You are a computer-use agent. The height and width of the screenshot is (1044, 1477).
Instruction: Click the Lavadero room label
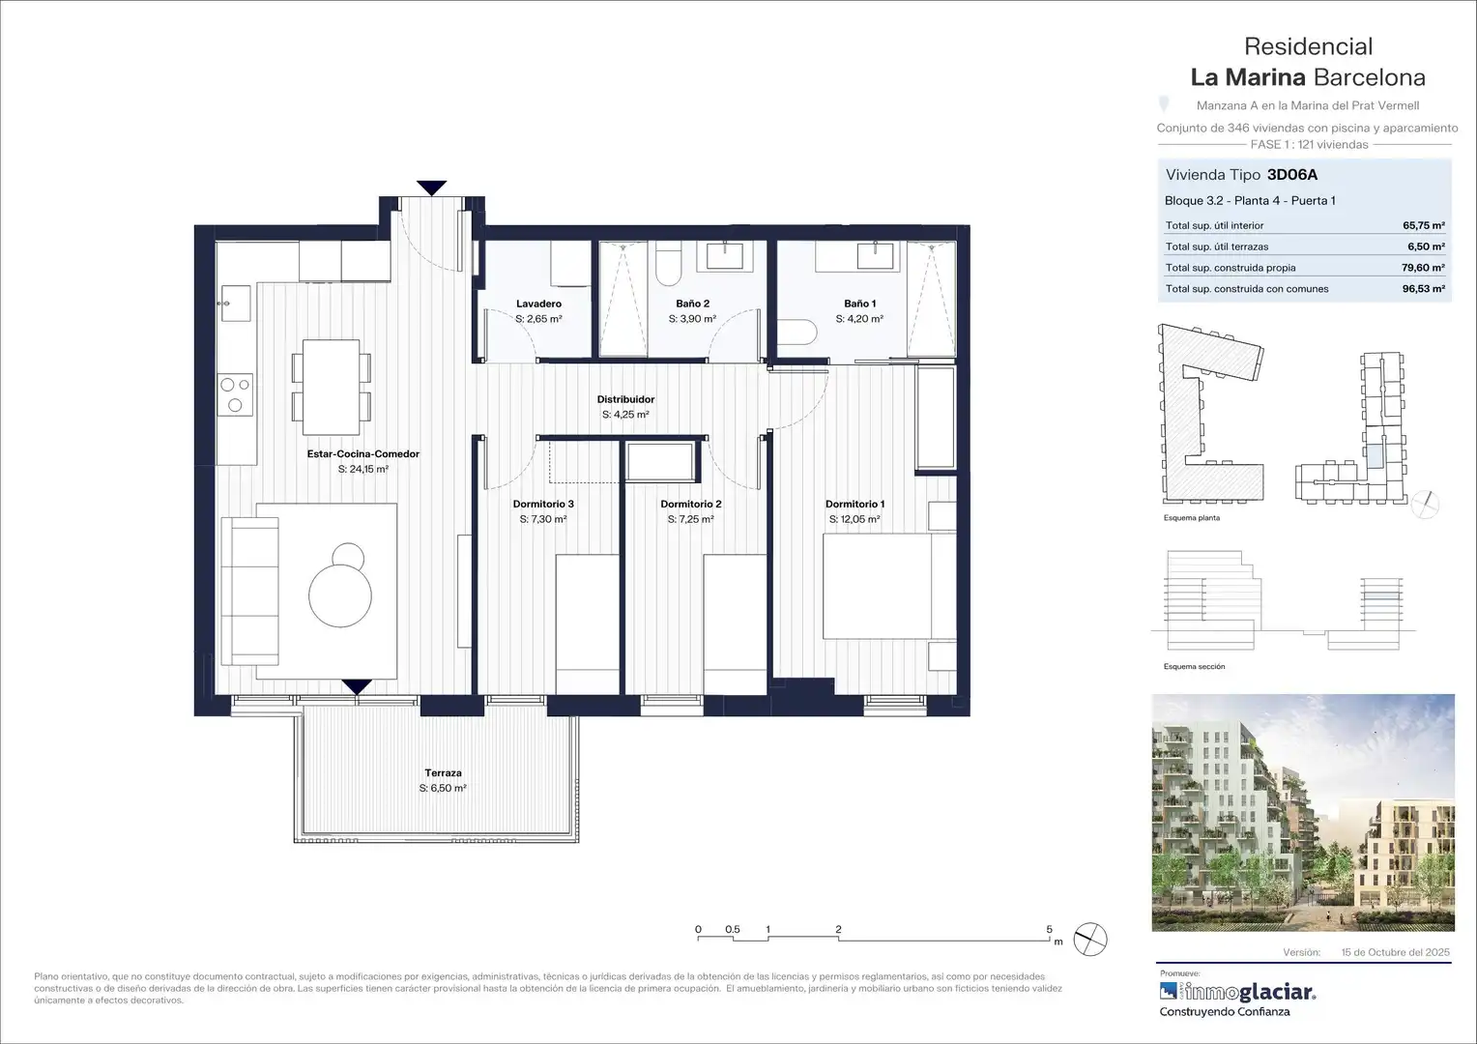538,304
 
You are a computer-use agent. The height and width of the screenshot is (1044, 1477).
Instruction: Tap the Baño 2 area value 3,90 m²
692,319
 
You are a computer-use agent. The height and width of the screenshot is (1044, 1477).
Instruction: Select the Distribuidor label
625,399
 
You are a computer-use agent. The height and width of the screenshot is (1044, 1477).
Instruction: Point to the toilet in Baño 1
797,332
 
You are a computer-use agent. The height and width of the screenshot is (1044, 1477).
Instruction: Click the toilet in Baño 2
668,263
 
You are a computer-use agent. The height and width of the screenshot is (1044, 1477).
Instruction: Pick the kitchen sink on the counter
236,304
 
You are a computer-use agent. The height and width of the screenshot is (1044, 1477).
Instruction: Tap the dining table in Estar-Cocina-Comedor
331,387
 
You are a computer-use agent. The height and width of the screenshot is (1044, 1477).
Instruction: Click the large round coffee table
340,595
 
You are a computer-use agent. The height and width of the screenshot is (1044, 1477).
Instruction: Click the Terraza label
443,773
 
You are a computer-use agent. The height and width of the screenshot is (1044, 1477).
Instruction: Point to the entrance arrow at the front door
431,188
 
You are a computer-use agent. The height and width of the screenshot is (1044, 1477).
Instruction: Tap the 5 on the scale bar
1049,929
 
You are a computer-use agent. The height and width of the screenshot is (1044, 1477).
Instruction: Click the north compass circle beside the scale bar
1090,940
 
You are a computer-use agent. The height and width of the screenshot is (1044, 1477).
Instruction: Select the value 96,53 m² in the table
1424,288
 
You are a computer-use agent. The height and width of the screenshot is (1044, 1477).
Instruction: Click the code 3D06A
1292,175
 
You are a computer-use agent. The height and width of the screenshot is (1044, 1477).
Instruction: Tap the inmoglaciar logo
1237,991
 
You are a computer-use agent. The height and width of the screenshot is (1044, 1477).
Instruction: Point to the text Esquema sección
1194,666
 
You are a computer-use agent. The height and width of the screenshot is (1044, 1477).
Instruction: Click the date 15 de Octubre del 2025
1395,951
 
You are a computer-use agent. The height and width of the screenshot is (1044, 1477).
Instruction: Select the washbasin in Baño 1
875,256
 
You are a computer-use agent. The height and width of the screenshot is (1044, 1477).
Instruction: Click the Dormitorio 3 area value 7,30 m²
543,519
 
